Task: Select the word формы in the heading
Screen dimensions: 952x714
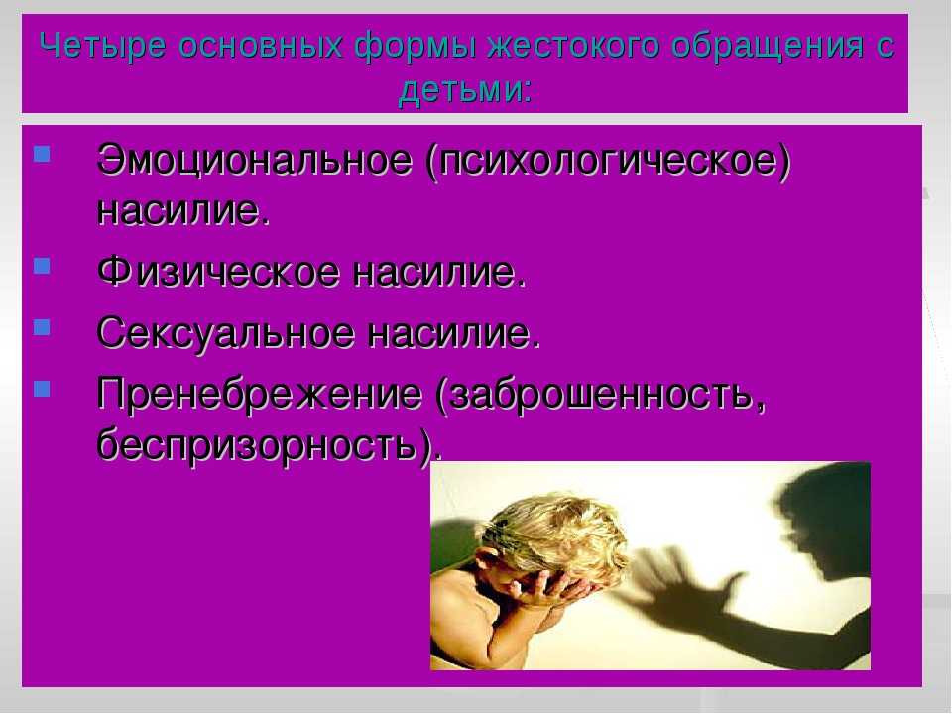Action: click(x=416, y=47)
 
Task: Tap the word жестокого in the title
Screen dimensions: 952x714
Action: click(x=572, y=46)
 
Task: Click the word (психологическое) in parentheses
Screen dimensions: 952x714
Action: click(x=609, y=162)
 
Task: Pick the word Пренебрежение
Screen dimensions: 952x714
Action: click(x=259, y=394)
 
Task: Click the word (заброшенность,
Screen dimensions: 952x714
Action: click(x=601, y=394)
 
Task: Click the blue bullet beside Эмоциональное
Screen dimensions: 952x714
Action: click(x=42, y=153)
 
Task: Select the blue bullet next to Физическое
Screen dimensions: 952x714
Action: click(x=42, y=266)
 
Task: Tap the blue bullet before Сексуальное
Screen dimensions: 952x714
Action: click(x=42, y=327)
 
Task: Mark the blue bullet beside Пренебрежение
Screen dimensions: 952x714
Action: click(x=42, y=388)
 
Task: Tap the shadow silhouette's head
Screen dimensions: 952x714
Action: click(x=820, y=516)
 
